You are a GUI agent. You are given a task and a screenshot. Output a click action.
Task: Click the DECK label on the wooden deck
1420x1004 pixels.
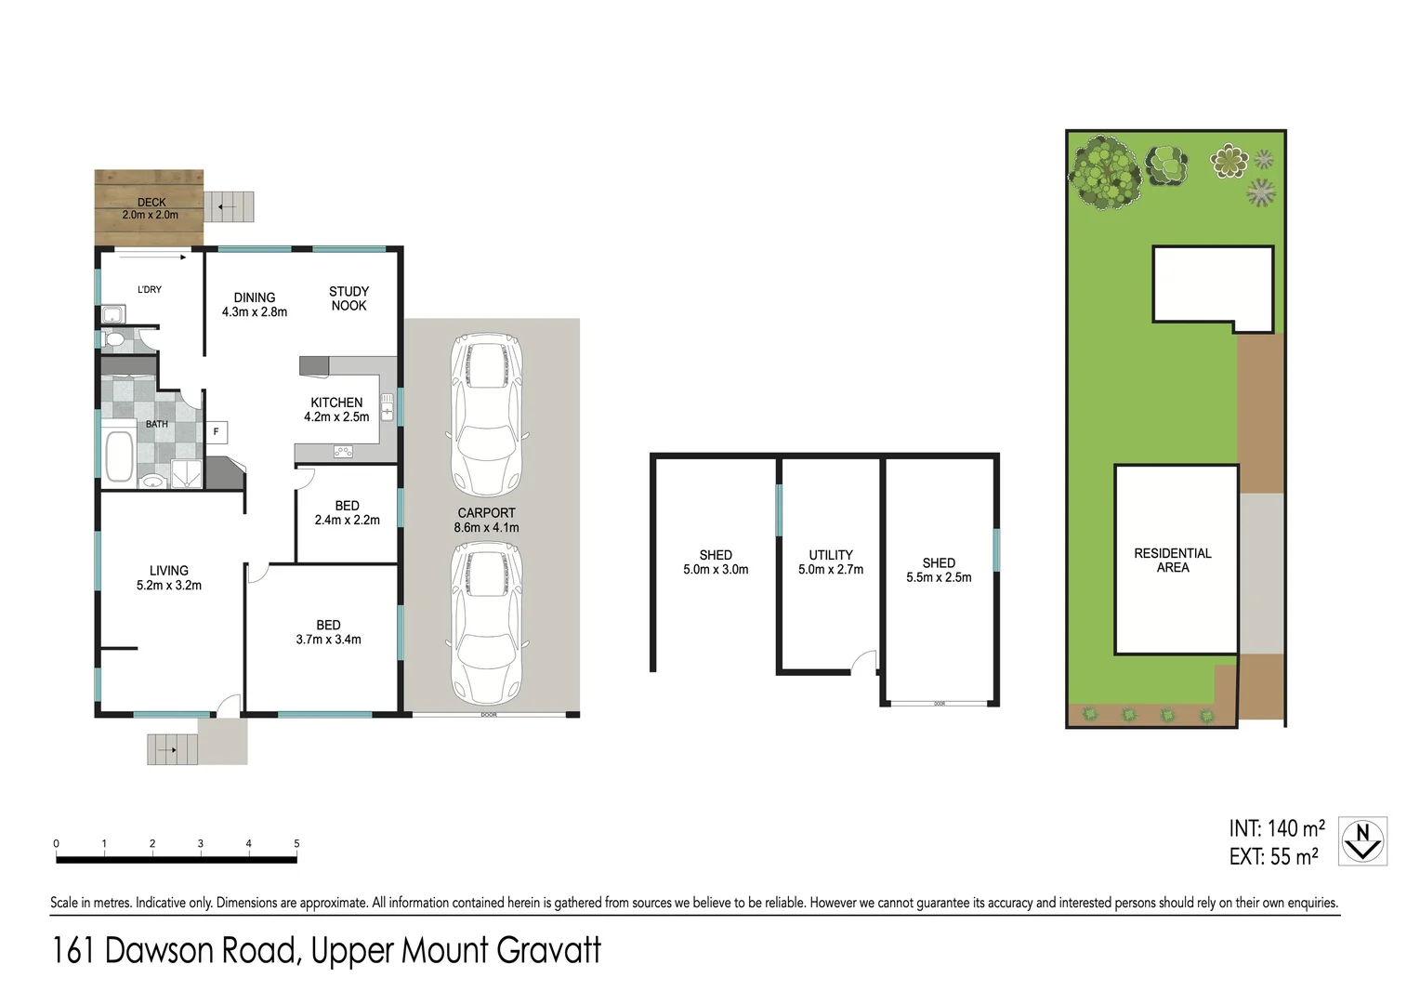[x=151, y=202]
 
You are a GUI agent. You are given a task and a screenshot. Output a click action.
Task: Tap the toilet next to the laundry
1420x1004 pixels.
[x=114, y=340]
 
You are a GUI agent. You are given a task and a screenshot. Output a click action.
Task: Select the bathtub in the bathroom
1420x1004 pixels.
[x=119, y=456]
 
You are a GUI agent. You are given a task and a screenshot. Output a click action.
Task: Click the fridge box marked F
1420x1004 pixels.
[x=217, y=431]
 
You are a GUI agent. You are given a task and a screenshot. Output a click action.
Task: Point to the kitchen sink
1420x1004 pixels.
[x=388, y=404]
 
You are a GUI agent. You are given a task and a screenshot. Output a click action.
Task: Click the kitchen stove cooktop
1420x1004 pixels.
[x=343, y=452]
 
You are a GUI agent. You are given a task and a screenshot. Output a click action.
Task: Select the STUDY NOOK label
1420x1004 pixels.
[x=348, y=298]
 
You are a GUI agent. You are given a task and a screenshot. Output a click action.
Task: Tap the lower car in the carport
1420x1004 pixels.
[x=486, y=623]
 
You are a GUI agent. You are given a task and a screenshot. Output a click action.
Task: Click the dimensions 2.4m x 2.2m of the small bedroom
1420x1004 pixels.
[x=347, y=521]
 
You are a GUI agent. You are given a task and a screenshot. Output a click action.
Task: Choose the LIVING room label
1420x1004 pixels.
[x=169, y=571]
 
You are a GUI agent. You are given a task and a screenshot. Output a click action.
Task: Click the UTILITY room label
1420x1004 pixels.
[x=831, y=555]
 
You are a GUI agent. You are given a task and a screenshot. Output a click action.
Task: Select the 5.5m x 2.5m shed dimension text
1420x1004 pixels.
[x=939, y=577]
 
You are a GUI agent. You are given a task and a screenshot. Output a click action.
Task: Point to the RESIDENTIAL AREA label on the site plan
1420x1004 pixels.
[x=1173, y=560]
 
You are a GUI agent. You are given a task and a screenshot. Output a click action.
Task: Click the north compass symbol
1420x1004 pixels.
[x=1362, y=841]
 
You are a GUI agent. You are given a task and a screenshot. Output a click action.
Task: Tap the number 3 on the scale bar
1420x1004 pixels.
[x=200, y=843]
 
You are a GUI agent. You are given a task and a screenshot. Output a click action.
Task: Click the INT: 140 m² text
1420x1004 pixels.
[x=1277, y=828]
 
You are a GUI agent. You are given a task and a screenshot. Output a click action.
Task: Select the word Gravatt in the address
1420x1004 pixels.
[x=548, y=950]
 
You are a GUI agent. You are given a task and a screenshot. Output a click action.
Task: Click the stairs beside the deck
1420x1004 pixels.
[x=229, y=206]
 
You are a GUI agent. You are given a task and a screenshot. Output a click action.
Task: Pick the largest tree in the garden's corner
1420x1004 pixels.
[x=1105, y=172]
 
